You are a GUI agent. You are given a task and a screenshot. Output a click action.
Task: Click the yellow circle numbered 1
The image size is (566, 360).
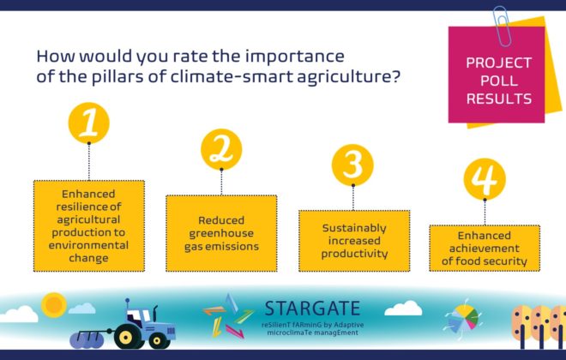pyautogui.click(x=89, y=123)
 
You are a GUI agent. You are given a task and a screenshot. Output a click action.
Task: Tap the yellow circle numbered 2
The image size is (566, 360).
pyautogui.click(x=221, y=149)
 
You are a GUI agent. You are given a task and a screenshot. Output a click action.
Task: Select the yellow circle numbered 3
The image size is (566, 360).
pyautogui.click(x=352, y=165)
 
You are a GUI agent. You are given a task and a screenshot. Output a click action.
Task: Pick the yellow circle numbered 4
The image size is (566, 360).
pyautogui.click(x=485, y=179)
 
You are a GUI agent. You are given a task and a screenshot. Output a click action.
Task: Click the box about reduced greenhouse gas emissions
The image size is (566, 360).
pyautogui.click(x=221, y=233)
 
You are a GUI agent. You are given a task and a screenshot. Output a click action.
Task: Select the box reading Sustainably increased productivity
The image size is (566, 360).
pyautogui.click(x=354, y=241)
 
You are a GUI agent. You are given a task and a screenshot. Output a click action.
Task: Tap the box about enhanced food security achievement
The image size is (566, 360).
pyautogui.click(x=485, y=249)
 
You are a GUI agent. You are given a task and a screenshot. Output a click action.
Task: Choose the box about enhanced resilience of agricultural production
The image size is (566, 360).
pyautogui.click(x=89, y=225)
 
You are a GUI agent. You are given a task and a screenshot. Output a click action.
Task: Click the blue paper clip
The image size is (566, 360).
pyautogui.click(x=502, y=26)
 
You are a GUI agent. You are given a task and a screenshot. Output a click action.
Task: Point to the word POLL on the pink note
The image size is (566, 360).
pyautogui.click(x=499, y=81)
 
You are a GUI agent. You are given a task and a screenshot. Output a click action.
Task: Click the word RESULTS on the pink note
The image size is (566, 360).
pyautogui.click(x=499, y=99)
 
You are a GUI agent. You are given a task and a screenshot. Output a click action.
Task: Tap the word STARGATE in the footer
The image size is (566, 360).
pyautogui.click(x=313, y=309)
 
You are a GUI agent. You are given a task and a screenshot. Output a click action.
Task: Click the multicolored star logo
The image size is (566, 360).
pyautogui.click(x=228, y=316)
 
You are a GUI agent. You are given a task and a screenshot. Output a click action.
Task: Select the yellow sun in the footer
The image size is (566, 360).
pyautogui.click(x=54, y=305)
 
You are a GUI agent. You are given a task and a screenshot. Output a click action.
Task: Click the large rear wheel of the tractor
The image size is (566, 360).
pyautogui.click(x=125, y=337)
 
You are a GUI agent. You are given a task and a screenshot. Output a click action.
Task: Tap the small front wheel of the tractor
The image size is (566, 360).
pyautogui.click(x=158, y=340)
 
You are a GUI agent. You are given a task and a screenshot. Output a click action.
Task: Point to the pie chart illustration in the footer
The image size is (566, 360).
pyautogui.click(x=463, y=319)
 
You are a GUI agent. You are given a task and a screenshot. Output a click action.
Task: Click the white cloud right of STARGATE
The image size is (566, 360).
pyautogui.click(x=403, y=308)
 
